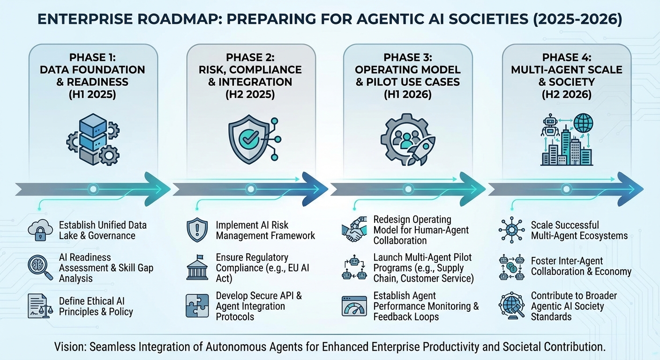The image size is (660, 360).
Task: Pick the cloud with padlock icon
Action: tap(40, 230)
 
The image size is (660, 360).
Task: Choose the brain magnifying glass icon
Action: tap(40, 267)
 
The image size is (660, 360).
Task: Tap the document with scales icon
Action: tap(40, 306)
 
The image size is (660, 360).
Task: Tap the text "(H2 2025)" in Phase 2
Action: tap(251, 94)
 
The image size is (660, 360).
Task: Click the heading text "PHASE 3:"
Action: tap(407, 57)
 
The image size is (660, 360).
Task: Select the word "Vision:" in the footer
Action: tap(71, 347)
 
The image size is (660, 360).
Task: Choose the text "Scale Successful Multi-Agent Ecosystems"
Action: tap(579, 230)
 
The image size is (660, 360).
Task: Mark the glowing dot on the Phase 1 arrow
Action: tap(93, 189)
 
